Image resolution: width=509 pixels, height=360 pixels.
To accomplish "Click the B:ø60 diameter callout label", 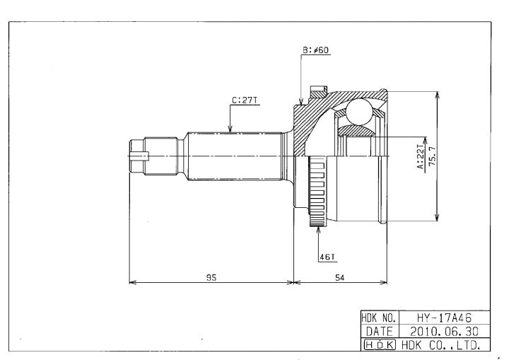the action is pyautogui.click(x=316, y=50).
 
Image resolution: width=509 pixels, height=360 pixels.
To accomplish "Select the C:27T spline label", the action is pyautogui.click(x=245, y=100).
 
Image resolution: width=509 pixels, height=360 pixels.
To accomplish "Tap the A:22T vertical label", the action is pyautogui.click(x=421, y=157).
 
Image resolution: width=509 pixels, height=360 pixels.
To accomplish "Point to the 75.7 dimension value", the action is pyautogui.click(x=433, y=156).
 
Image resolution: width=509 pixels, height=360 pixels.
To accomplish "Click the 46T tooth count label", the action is pyautogui.click(x=327, y=257).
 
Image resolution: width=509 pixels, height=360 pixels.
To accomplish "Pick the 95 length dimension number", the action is pyautogui.click(x=211, y=277).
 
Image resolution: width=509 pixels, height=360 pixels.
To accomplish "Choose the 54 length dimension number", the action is pyautogui.click(x=339, y=277).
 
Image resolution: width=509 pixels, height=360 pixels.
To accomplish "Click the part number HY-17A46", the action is pyautogui.click(x=444, y=318).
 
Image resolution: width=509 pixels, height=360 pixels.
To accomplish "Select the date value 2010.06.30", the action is pyautogui.click(x=445, y=332).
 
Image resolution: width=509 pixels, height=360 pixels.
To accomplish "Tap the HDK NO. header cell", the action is pyautogui.click(x=379, y=318).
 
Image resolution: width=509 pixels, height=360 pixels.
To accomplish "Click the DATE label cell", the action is pyautogui.click(x=379, y=332).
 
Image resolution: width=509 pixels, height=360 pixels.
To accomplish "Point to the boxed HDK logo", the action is pyautogui.click(x=380, y=344).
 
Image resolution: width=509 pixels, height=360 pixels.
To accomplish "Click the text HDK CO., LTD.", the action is pyautogui.click(x=441, y=345).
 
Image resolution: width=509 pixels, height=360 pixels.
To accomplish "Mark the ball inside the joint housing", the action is pyautogui.click(x=359, y=112).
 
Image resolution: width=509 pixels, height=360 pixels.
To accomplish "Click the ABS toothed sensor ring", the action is pyautogui.click(x=317, y=192).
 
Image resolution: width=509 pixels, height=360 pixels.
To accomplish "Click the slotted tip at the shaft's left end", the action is pyautogui.click(x=139, y=156).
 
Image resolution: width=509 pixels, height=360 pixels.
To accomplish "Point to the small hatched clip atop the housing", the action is pyautogui.click(x=318, y=92).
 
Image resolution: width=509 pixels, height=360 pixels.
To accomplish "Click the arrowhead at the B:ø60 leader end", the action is pyautogui.click(x=301, y=101).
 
